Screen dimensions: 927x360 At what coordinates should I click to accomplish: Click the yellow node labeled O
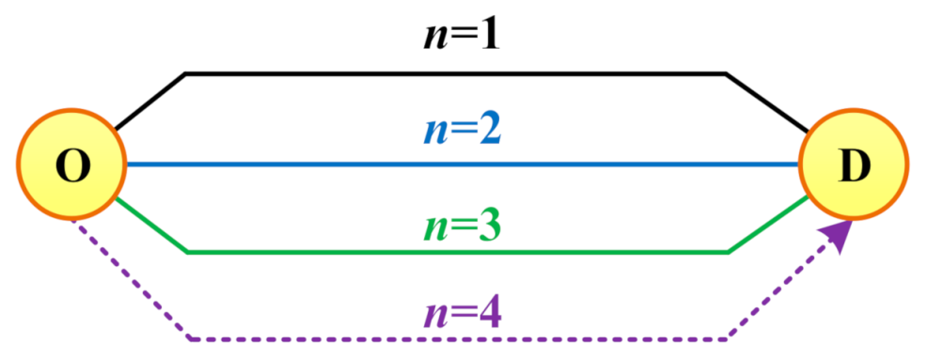(x=71, y=164)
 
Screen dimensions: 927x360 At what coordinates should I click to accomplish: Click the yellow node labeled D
(x=853, y=164)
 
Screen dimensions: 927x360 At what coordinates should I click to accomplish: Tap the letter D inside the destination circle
(x=855, y=166)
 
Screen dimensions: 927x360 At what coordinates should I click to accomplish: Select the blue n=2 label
(x=462, y=131)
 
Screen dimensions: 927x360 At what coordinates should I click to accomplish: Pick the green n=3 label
(x=462, y=226)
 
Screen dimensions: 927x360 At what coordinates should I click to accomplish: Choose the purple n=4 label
(x=462, y=315)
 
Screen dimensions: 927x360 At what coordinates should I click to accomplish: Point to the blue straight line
(x=463, y=164)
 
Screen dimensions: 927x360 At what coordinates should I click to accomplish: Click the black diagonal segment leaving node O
(x=150, y=102)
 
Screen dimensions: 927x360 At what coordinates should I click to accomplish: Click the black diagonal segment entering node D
(x=767, y=102)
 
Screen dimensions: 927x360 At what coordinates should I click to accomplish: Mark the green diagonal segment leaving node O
(x=151, y=226)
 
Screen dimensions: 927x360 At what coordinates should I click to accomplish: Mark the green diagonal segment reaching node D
(x=768, y=226)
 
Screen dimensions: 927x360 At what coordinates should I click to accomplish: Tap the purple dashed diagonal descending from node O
(x=130, y=279)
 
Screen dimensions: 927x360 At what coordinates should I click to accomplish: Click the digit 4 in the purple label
(x=488, y=315)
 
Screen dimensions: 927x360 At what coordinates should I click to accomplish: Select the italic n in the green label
(x=434, y=229)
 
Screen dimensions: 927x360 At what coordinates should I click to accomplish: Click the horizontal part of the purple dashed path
(x=459, y=338)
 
